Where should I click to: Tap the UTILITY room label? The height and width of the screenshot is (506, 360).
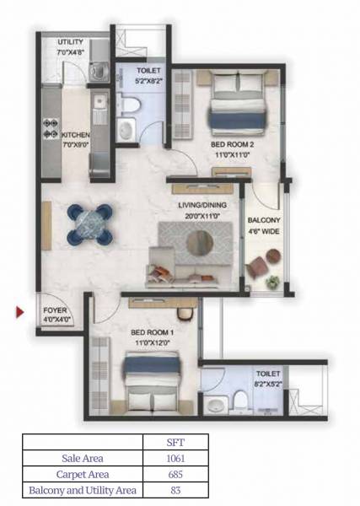tap(70, 42)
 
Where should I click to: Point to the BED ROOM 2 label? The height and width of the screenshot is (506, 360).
tap(231, 145)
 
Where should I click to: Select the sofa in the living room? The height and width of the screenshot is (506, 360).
tap(178, 272)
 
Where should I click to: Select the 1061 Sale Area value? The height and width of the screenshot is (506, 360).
tap(175, 459)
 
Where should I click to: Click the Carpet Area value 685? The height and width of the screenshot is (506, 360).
tap(175, 474)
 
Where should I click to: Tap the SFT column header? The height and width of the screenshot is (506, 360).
tap(175, 442)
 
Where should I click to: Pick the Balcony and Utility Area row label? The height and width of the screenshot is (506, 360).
tap(82, 490)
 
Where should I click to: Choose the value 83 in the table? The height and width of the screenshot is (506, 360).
tap(175, 490)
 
